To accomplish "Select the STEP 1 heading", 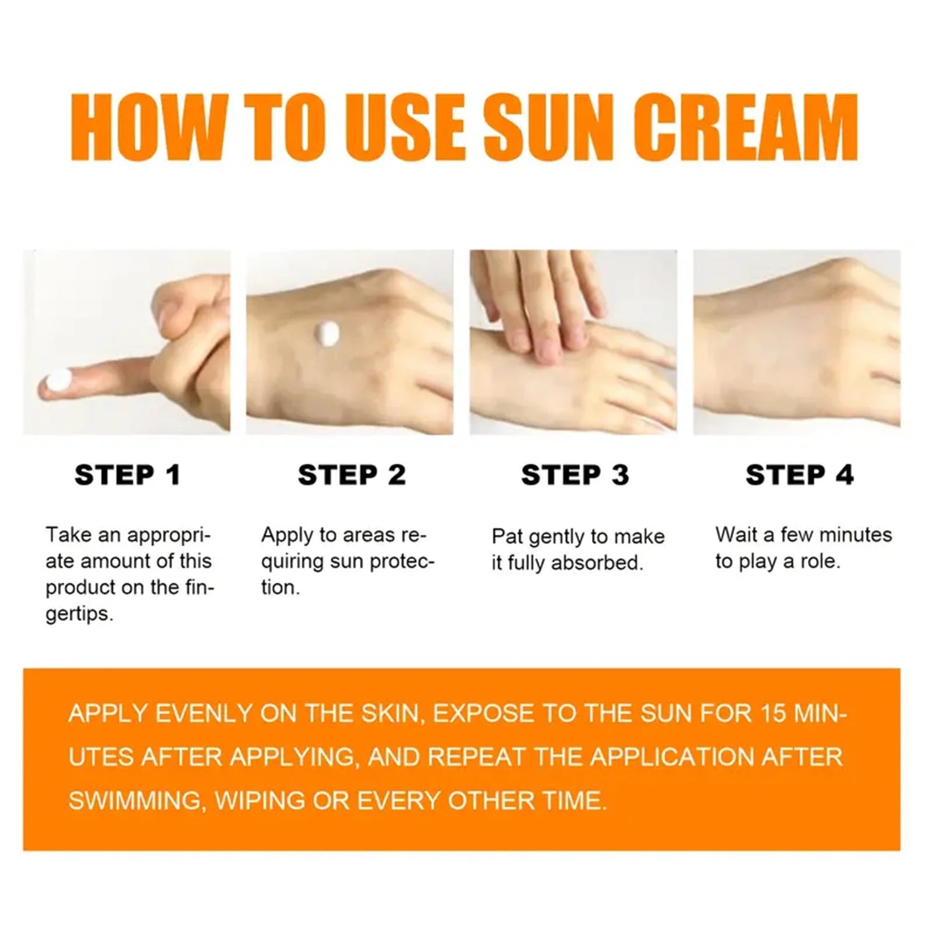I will pyautogui.click(x=128, y=475).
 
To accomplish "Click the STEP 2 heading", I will pyautogui.click(x=351, y=475).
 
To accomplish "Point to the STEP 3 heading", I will pyautogui.click(x=575, y=475).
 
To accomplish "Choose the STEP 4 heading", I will pyautogui.click(x=799, y=475).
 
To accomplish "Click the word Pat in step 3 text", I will pyautogui.click(x=507, y=536).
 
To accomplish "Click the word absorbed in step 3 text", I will pyautogui.click(x=596, y=563).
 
